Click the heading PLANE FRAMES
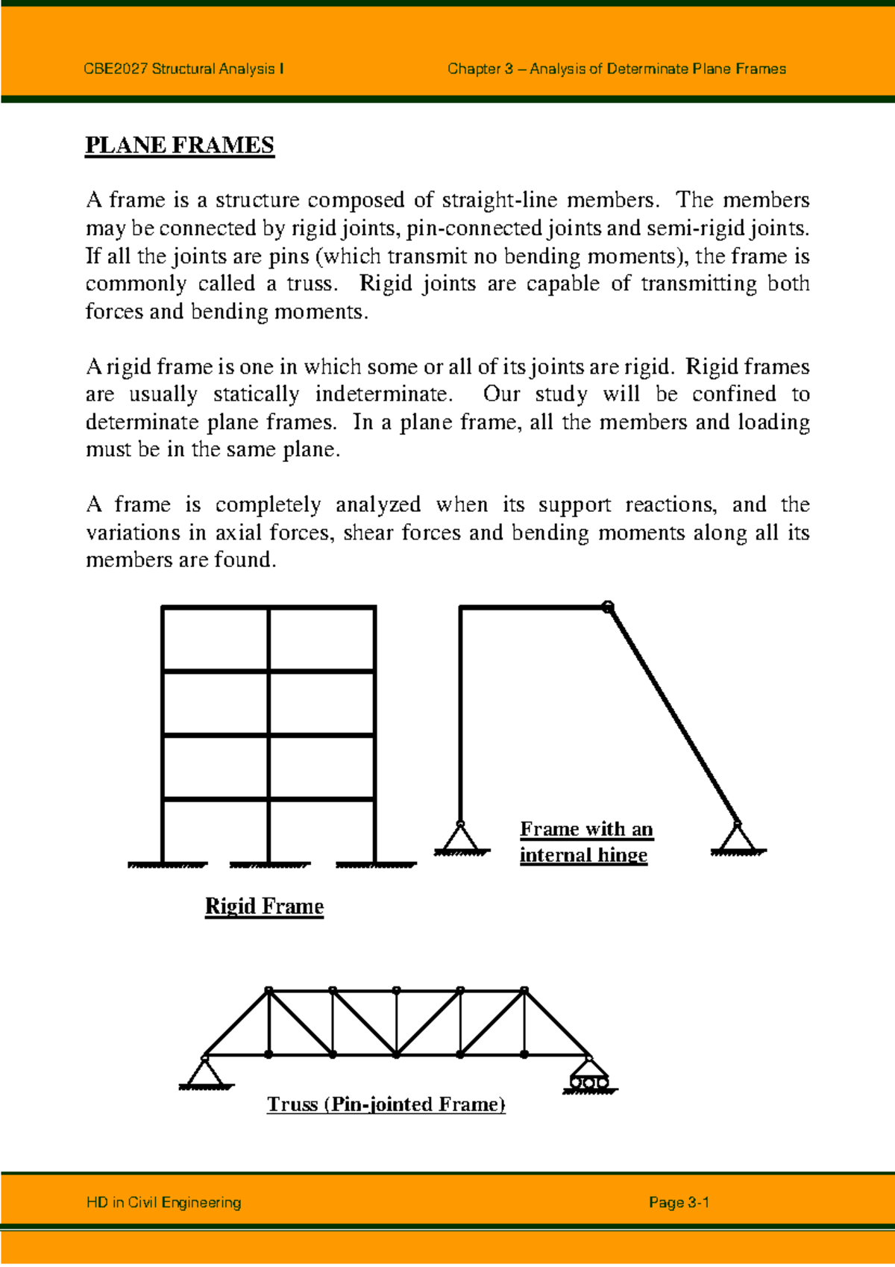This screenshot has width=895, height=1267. pos(180,145)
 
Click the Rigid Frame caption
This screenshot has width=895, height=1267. pos(264,906)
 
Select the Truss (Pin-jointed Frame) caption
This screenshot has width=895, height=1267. pos(386,1104)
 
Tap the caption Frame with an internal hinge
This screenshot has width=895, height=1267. pos(585,842)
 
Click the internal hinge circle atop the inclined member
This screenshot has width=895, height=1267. pos(608,607)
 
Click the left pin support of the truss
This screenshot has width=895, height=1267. pos(205,1072)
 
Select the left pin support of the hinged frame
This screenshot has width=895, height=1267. pos(461,838)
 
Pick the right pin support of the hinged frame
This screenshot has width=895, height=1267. pos(737,838)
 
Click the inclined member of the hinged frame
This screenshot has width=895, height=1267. pos(673,716)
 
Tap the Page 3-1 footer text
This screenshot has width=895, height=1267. pos(679,1202)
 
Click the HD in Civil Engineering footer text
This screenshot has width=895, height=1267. pos(164,1202)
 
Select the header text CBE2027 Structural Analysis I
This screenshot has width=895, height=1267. pos(183,69)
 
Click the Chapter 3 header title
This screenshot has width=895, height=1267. pos(616,69)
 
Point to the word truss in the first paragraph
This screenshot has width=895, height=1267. pos(310,284)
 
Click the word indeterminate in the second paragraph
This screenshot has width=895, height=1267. pos(383,394)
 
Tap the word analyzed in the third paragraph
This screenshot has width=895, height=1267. pos(377,504)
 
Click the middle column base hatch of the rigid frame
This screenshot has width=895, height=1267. pos(269,865)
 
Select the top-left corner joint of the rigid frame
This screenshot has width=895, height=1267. pos(163,608)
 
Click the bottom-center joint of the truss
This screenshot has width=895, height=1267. pos(397,1054)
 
